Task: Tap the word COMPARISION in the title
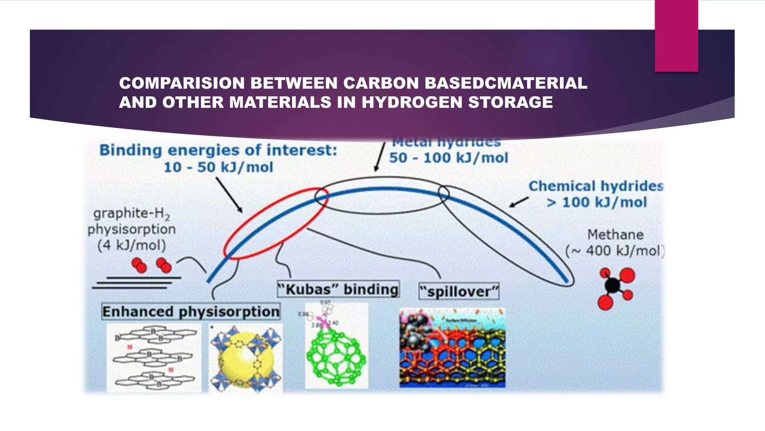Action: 182,83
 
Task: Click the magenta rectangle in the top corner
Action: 676,36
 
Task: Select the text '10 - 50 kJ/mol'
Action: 219,167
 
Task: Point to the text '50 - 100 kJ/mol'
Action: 448,158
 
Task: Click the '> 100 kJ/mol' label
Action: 597,202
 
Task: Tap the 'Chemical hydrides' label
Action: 596,186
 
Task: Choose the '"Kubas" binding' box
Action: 338,289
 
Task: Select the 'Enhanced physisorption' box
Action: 191,311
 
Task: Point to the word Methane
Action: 615,235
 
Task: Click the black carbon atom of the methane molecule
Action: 612,285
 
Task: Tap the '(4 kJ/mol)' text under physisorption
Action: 131,245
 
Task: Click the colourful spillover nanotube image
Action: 452,348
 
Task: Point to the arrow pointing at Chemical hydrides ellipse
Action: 519,202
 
